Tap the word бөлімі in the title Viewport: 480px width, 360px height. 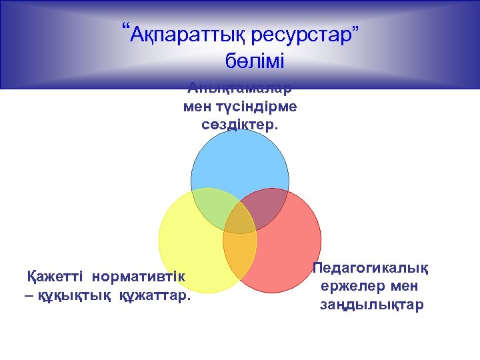click(x=255, y=62)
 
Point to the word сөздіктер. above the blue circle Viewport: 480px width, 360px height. click(x=239, y=125)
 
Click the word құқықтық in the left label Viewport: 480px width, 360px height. click(x=71, y=295)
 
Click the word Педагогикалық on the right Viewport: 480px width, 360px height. click(x=371, y=268)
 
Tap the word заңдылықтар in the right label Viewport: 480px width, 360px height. click(x=371, y=305)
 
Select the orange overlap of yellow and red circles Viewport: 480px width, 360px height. click(x=240, y=257)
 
